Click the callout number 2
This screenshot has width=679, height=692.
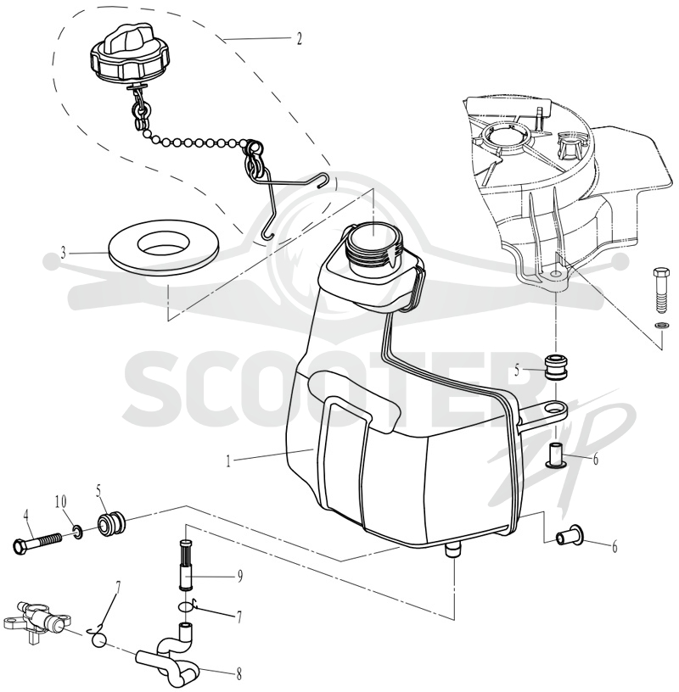click(x=299, y=39)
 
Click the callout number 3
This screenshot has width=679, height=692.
click(x=64, y=253)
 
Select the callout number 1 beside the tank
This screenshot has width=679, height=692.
click(x=228, y=461)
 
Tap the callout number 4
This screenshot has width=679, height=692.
click(x=26, y=515)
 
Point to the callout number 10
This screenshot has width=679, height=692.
click(x=61, y=501)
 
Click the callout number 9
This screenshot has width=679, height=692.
click(x=240, y=577)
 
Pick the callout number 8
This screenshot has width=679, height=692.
click(x=239, y=674)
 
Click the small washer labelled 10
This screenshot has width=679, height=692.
click(x=77, y=531)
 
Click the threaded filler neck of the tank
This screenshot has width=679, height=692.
click(x=372, y=246)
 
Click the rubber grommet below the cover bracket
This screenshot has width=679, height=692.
click(x=555, y=367)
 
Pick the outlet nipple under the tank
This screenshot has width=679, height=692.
click(x=452, y=550)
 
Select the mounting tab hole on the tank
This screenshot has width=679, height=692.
click(x=553, y=410)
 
